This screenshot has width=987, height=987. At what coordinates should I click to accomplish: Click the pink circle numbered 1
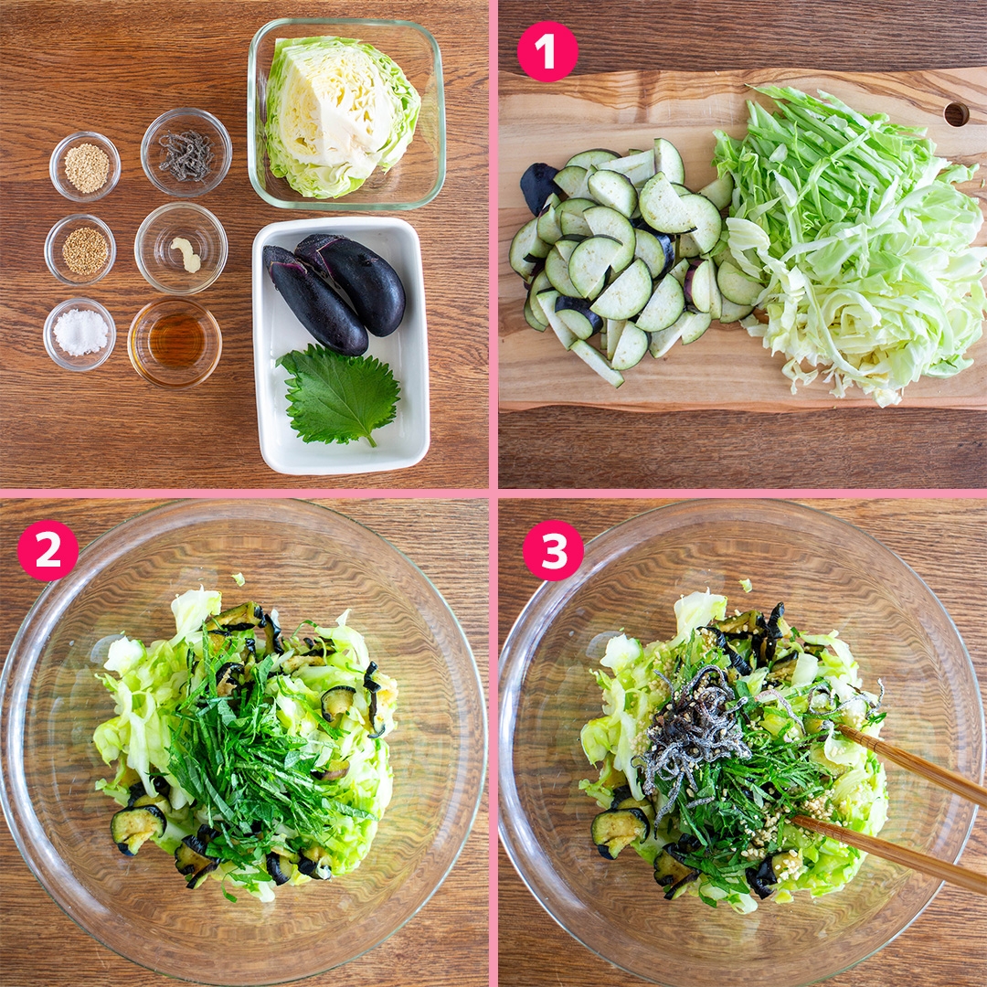pyautogui.click(x=547, y=51)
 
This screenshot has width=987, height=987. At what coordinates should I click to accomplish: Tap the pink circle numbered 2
pyautogui.click(x=48, y=550)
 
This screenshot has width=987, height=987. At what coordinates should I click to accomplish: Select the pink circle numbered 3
pyautogui.click(x=553, y=550)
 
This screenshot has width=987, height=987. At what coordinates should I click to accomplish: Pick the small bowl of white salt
pyautogui.click(x=80, y=333)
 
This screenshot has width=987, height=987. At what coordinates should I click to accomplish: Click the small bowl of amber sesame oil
pyautogui.click(x=175, y=341)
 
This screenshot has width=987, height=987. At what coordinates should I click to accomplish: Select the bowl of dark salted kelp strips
pyautogui.click(x=186, y=154)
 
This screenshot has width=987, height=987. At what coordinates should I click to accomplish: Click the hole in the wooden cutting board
pyautogui.click(x=956, y=114)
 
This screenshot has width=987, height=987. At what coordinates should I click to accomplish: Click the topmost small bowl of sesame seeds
pyautogui.click(x=86, y=167)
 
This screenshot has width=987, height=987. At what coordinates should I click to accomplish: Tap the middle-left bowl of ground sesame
pyautogui.click(x=84, y=250)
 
